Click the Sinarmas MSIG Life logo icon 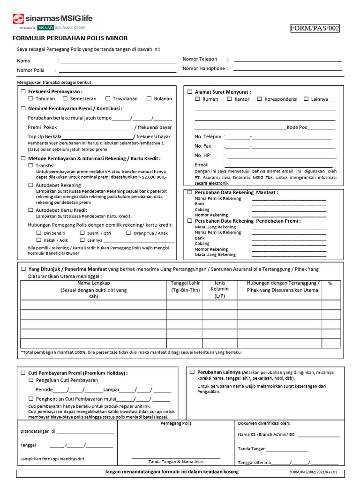tap(18, 19)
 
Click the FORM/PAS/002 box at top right tap(315, 28)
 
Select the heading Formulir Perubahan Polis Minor tap(70, 38)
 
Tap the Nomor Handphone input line tap(287, 69)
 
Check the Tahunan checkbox tap(31, 99)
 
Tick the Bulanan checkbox tap(149, 99)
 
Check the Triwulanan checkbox tap(108, 99)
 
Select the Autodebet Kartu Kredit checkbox tap(31, 210)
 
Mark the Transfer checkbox tap(31, 165)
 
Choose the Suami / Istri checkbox tap(82, 233)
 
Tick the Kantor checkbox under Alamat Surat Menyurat tap(230, 99)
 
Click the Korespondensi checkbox tap(260, 99)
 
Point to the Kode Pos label tap(297, 127)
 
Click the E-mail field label tap(202, 165)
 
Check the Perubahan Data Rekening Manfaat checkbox tap(190, 192)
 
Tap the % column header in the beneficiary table tap(330, 283)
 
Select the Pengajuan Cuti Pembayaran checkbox tap(31, 380)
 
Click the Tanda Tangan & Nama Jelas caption tap(176, 461)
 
